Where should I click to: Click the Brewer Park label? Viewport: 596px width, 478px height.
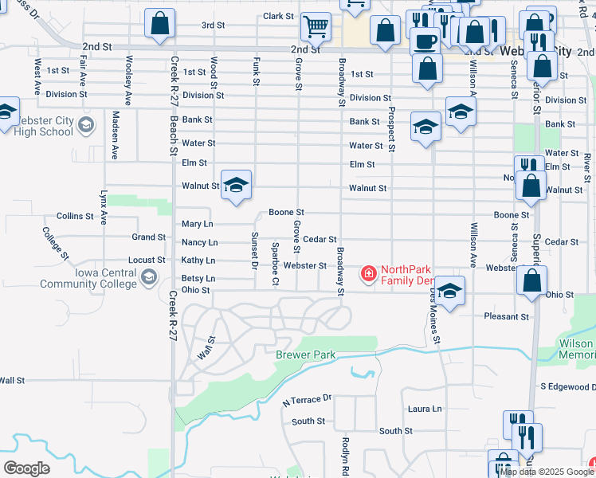tap(306, 355)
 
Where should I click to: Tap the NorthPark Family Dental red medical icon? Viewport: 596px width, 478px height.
tap(368, 275)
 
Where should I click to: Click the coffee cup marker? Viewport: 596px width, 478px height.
tap(425, 41)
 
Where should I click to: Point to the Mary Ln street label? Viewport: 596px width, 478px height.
tap(198, 225)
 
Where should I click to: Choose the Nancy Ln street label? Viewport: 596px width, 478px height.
tap(200, 242)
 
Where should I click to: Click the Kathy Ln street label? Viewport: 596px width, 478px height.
tap(199, 261)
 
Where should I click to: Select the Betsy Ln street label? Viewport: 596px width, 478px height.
tap(199, 279)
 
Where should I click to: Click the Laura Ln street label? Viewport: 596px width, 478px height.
tap(425, 409)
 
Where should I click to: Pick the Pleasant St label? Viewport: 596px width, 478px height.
tap(507, 316)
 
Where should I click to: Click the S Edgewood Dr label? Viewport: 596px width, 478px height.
tap(567, 386)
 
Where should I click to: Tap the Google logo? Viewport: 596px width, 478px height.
tap(26, 468)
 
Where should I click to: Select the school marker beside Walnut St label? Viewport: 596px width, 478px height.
tap(236, 186)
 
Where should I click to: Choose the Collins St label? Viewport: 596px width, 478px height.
tap(75, 217)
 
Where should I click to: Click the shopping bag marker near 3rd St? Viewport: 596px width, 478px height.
tap(160, 24)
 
